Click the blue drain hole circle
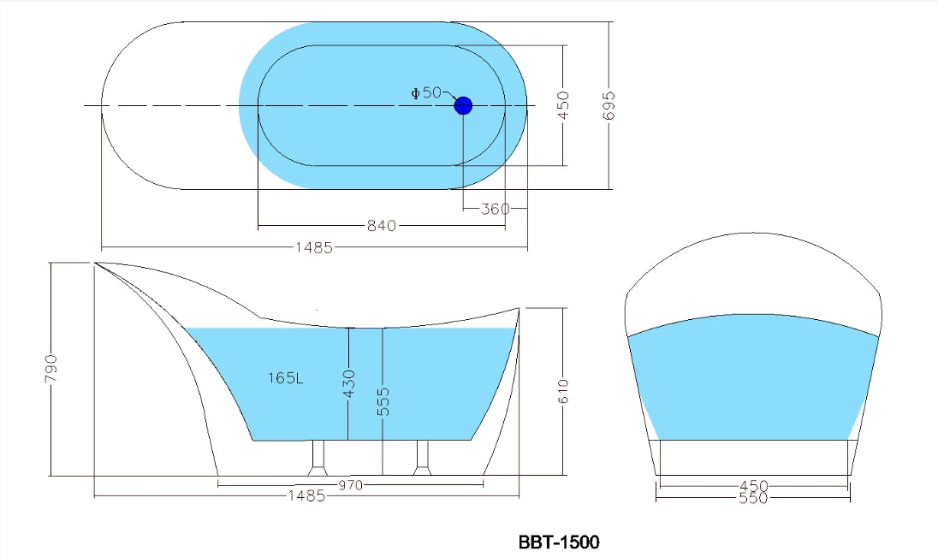coord(463,105)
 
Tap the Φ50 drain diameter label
coord(426,92)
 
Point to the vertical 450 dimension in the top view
coord(563,105)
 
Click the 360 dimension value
coord(496,209)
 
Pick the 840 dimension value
coord(381,227)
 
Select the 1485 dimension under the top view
coord(314,248)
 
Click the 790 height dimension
coord(50,369)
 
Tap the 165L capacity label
coord(285,377)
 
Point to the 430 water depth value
coord(348,385)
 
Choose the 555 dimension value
coord(383,402)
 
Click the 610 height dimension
coord(563,391)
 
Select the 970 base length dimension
coord(350,485)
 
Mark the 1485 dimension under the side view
coord(306,496)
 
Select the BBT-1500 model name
coord(559,542)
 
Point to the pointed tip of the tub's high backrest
coord(96,264)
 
